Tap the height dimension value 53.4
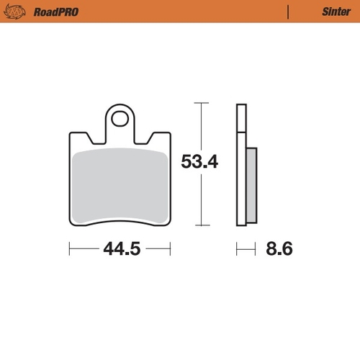(x=199, y=163)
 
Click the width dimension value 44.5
(x=120, y=250)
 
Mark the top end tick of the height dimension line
(x=200, y=104)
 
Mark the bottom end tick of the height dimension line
(x=200, y=224)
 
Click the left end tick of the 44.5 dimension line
(x=69, y=250)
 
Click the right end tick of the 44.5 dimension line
(x=171, y=250)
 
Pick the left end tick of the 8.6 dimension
(x=237, y=250)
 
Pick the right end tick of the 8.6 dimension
(x=256, y=250)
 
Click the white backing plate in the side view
(x=241, y=166)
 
